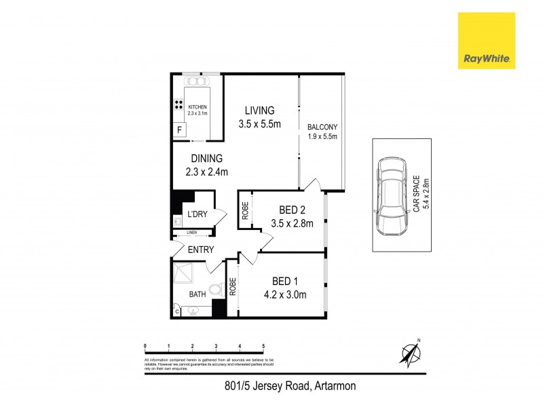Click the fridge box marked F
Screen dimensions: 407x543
click(180, 130)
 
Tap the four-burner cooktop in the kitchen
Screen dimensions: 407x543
click(179, 104)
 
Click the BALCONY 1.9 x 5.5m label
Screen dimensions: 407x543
click(322, 131)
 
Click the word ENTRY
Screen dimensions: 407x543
click(201, 250)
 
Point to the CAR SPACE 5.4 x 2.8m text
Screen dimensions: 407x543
click(421, 195)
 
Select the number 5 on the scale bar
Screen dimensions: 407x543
click(263, 346)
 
